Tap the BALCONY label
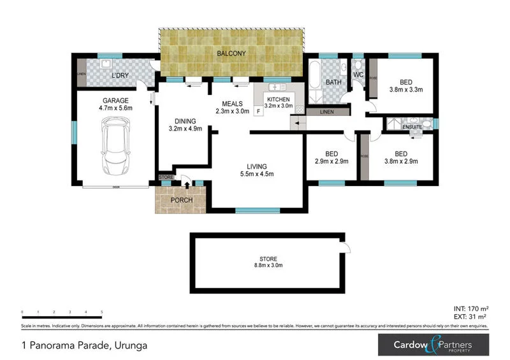click(230, 54)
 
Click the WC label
click(358, 75)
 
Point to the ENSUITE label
click(412, 127)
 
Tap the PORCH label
click(180, 200)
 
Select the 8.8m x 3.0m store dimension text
click(268, 266)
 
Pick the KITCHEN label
click(279, 100)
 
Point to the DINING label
click(185, 120)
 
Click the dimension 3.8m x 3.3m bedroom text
click(406, 90)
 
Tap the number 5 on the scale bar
click(102, 312)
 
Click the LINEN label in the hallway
click(326, 112)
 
